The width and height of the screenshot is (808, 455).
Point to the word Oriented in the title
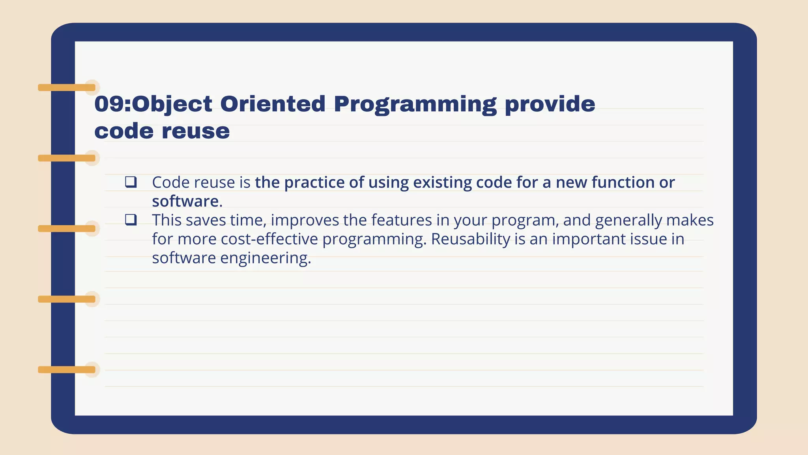click(x=273, y=104)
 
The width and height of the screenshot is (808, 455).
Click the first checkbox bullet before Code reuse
click(x=131, y=182)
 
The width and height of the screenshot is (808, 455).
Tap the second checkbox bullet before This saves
click(x=131, y=220)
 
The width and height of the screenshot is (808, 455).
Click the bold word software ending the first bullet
click(x=187, y=201)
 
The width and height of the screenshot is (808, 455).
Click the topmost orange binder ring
click(x=67, y=87)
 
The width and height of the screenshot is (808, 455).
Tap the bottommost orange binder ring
click(x=67, y=370)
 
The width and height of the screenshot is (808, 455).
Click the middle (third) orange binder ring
click(x=67, y=228)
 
